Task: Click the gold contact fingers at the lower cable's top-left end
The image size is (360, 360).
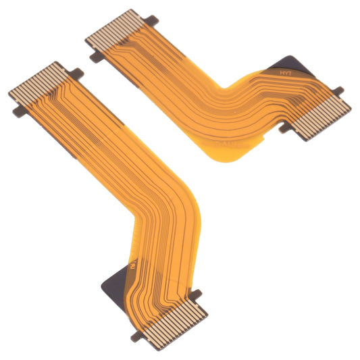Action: click(x=38, y=82)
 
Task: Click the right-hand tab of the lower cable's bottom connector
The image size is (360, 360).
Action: click(x=197, y=295)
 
